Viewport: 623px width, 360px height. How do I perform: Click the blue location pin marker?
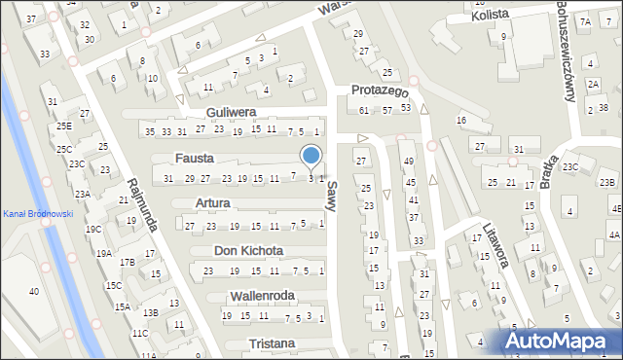[x=311, y=157]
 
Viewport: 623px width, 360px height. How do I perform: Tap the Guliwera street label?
[x=230, y=112]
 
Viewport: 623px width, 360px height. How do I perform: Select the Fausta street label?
[x=195, y=158]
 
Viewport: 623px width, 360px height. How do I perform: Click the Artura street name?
[x=212, y=203]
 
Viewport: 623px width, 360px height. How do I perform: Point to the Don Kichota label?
[x=248, y=250]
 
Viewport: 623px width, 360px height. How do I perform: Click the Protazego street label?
[x=379, y=90]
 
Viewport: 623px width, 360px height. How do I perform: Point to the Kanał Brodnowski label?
[x=37, y=214]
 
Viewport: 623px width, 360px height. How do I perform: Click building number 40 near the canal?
[x=34, y=292]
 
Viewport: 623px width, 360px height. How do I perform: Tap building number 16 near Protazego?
[x=461, y=120]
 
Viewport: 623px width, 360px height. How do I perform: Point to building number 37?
[x=31, y=19]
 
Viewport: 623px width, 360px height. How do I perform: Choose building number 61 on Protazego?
[x=364, y=110]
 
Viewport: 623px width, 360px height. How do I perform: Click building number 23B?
[x=606, y=182]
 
